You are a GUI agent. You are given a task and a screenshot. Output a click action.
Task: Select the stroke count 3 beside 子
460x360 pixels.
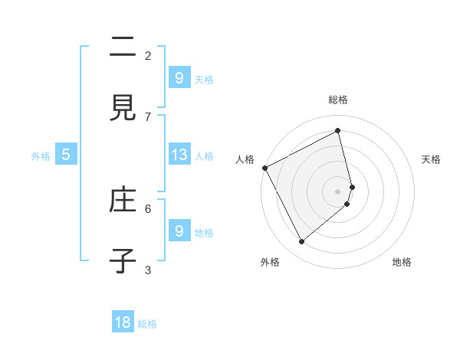click(x=148, y=270)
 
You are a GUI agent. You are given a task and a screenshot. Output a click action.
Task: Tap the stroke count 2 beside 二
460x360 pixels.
click(x=148, y=55)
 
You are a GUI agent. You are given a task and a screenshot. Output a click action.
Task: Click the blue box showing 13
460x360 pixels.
click(x=179, y=155)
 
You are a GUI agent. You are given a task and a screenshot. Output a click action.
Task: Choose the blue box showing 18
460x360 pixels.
click(x=123, y=322)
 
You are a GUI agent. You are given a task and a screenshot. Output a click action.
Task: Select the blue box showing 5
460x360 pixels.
click(x=66, y=155)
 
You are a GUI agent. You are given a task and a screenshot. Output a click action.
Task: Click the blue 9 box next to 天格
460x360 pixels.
click(x=179, y=78)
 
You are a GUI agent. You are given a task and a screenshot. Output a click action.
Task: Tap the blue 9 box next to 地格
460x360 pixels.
click(x=179, y=231)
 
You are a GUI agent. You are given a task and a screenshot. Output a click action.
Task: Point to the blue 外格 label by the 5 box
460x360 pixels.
click(x=41, y=156)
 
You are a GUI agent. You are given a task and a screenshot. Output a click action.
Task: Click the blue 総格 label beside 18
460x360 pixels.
click(x=147, y=324)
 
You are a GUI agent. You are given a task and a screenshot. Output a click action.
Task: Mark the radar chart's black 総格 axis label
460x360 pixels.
click(x=338, y=100)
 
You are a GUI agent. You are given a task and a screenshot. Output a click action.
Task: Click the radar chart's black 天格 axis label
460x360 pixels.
click(x=431, y=159)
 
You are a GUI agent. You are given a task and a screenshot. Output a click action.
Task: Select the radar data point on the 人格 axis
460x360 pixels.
click(x=264, y=168)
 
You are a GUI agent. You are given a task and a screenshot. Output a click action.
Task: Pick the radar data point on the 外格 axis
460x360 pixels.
click(x=301, y=242)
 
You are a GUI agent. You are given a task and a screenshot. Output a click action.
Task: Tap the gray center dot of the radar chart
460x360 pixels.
click(x=338, y=191)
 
